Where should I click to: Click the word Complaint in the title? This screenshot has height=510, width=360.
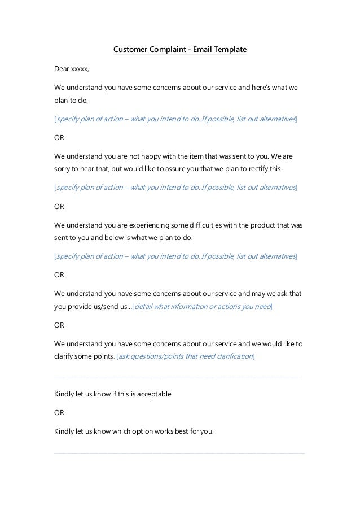165,50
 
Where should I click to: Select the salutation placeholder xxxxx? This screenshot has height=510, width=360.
79,69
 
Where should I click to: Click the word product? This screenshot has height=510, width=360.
271,225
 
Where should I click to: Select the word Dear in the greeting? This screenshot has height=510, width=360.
61,69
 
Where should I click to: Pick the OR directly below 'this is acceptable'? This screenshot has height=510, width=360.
59,413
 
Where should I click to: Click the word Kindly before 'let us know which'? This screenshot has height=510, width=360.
64,432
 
